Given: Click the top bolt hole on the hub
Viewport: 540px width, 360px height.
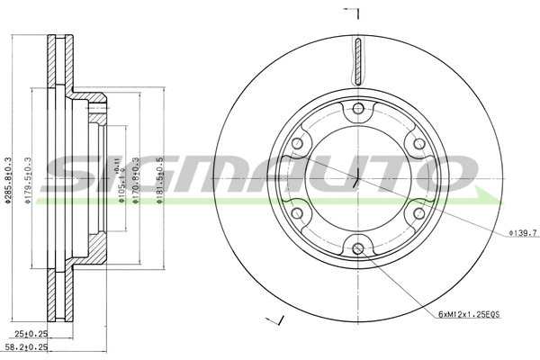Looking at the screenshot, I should (358, 110).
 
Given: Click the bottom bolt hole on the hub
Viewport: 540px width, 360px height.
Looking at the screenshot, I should (358, 248).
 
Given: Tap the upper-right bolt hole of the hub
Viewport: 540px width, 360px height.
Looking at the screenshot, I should (418, 144).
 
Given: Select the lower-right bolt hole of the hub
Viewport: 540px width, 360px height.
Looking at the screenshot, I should (418, 213).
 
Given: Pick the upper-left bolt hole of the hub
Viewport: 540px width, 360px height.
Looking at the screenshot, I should (298, 144).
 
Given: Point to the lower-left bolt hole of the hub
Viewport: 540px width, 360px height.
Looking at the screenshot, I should (298, 213).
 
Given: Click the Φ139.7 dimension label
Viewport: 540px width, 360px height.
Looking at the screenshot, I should (522, 232).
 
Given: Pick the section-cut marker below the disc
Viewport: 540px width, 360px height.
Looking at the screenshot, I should (277, 321).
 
